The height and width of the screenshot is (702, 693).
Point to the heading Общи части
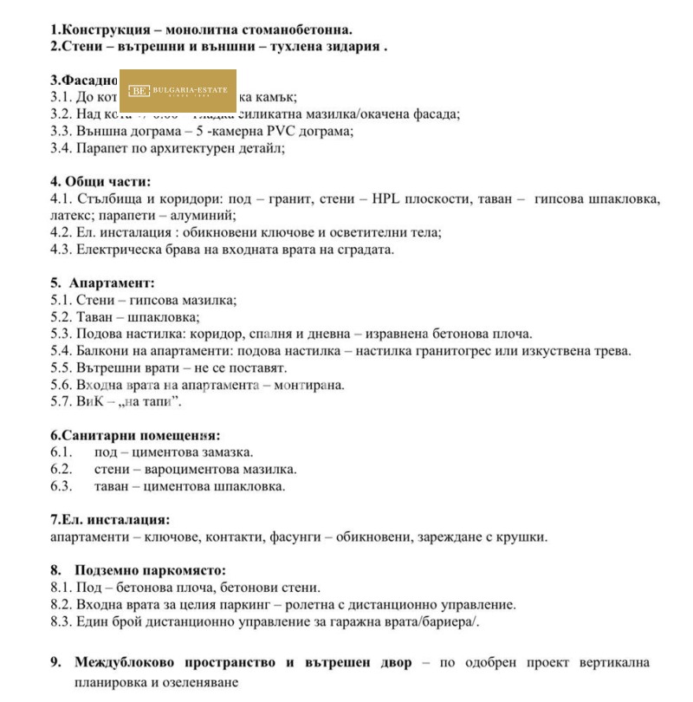tap(107, 181)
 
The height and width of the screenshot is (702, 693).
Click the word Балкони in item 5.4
tap(100, 351)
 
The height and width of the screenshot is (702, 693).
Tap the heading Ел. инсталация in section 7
tap(115, 520)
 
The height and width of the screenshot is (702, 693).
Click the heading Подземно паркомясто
tap(150, 570)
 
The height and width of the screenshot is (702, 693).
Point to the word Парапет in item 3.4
tap(100, 148)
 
